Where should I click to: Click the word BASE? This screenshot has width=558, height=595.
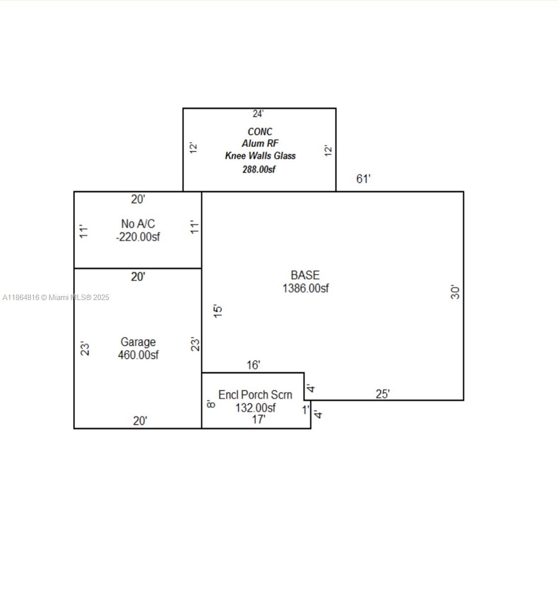coord(305,275)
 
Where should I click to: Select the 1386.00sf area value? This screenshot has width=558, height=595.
coord(306,289)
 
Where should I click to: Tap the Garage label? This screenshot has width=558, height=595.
coord(138,342)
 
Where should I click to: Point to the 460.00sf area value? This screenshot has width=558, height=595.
coord(138,355)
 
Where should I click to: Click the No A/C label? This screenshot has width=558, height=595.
coord(138,224)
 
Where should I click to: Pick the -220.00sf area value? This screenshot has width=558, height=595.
coord(138,237)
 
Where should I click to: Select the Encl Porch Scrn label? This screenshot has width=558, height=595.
coord(255,395)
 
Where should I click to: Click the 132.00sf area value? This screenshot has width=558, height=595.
coord(255,408)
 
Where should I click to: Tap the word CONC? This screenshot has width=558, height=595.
coord(260,131)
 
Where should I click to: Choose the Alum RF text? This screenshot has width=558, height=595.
coord(260,143)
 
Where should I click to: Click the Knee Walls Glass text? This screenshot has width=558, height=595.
coord(260,156)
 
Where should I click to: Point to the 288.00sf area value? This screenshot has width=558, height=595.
coord(258,169)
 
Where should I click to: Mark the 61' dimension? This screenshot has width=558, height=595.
coord(363,179)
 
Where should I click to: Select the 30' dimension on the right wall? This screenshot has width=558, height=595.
coord(455,292)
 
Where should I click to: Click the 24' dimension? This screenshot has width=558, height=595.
coord(258,114)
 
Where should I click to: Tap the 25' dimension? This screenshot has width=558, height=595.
coord(382,394)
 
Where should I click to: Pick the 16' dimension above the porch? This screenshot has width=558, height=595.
coord(253,365)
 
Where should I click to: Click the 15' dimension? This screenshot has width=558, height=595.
coord(218,311)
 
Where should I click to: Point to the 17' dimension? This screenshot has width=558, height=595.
coord(258,419)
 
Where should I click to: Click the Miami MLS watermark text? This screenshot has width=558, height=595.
coord(56,297)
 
